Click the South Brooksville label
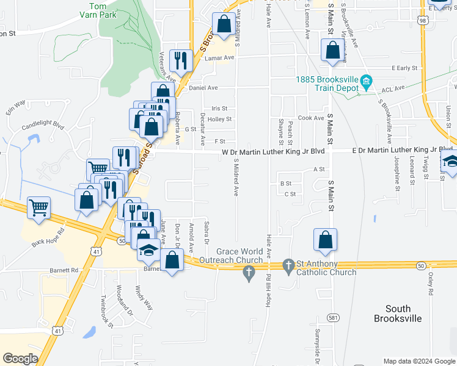click(401, 314)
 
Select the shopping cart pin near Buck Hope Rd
click(38, 207)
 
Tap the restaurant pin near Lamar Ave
click(180, 60)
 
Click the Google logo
click(20, 359)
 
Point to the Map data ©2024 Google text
click(419, 361)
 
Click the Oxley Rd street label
click(430, 284)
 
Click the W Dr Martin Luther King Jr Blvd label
click(272, 151)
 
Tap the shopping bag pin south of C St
click(326, 240)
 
